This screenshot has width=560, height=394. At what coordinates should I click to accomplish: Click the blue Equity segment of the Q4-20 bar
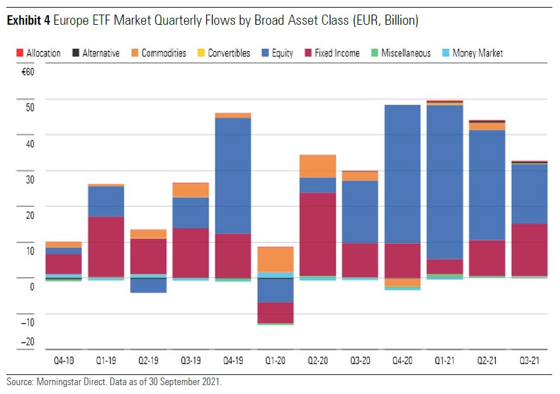point(402,174)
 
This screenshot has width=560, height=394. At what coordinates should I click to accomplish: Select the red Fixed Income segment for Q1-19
point(105,247)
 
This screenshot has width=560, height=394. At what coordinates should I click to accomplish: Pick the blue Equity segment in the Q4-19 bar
point(233,176)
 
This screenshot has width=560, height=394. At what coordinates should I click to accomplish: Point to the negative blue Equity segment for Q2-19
point(148,286)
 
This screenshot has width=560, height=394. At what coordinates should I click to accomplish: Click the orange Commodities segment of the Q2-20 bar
point(318,166)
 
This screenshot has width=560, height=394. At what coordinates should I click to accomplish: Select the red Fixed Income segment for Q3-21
point(530,249)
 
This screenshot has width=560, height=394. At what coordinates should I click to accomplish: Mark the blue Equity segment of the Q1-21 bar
point(445,182)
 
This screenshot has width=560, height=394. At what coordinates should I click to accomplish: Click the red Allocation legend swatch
point(19,53)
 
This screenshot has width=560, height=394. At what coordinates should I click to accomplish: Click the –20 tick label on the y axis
point(27,342)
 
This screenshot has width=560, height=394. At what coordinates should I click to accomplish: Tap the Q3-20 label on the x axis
point(360,360)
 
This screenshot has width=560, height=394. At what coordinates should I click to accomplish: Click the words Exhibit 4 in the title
point(28,21)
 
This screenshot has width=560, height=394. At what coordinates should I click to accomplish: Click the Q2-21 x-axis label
point(487,360)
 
